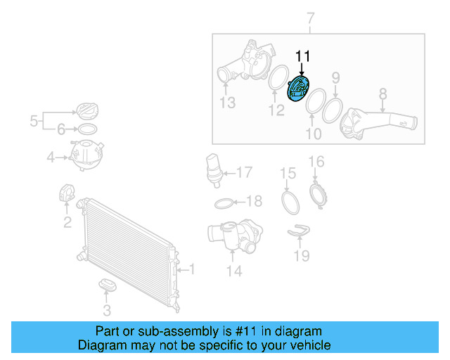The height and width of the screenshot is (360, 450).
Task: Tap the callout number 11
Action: click(302, 57)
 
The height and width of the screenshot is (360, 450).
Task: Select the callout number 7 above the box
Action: click(311, 18)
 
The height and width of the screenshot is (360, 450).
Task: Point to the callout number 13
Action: click(227, 103)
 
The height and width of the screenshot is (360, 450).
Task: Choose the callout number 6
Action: click(61, 129)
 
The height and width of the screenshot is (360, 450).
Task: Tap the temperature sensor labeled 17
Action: click(213, 169)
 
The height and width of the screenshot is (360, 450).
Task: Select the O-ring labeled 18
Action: click(224, 203)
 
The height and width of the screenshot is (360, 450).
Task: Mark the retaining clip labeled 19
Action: click(300, 229)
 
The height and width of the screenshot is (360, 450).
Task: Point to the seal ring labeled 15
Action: click(290, 202)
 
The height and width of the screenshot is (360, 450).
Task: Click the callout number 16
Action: click(316, 162)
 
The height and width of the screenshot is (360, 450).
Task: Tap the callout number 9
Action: click(335, 77)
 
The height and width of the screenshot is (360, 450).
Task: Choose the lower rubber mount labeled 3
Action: click(107, 284)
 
